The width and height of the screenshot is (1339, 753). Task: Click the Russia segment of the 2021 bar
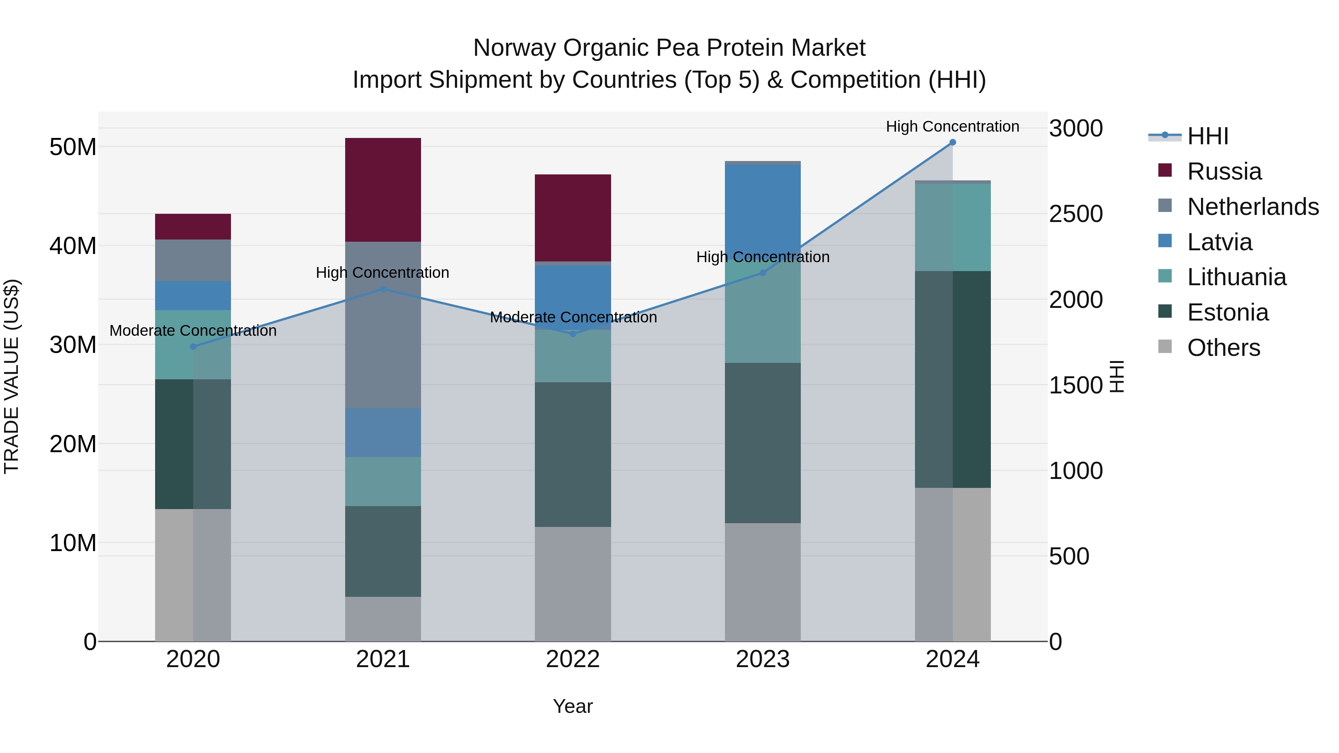[x=383, y=190]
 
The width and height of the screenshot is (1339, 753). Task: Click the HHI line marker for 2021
[x=383, y=289]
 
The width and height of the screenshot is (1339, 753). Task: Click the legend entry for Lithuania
[x=1236, y=277]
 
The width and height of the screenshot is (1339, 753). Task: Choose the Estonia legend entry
[x=1227, y=312]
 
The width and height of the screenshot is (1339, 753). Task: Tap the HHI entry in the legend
[x=1207, y=136]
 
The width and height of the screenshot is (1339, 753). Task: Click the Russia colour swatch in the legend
[x=1165, y=170]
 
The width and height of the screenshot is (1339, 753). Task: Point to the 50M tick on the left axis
[x=73, y=147]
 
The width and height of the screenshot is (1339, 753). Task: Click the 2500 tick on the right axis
[x=1075, y=214]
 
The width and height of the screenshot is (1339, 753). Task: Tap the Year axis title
[x=572, y=706]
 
